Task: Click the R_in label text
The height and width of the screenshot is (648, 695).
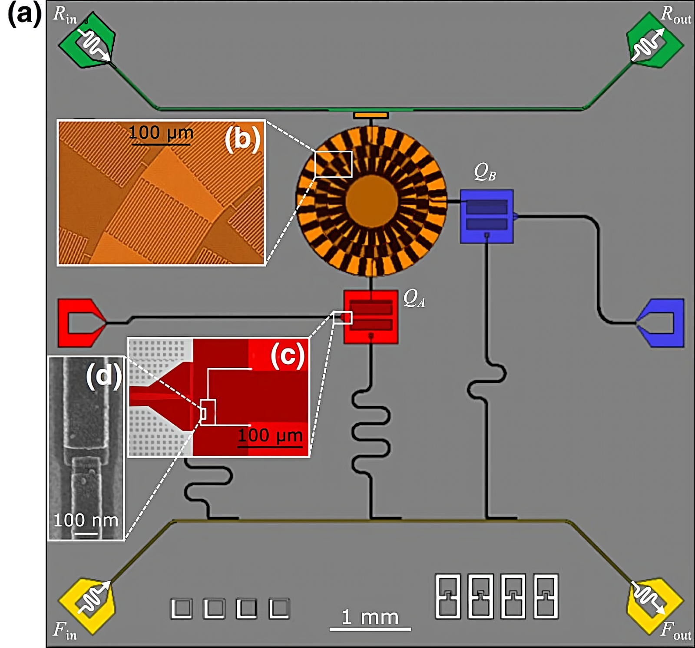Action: [x=65, y=16]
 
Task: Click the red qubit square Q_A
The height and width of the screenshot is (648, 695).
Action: [x=371, y=317]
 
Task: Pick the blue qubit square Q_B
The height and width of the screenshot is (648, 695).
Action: [x=486, y=216]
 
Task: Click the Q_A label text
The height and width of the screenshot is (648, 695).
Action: [x=414, y=299]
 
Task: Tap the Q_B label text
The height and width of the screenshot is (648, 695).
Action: [x=485, y=173]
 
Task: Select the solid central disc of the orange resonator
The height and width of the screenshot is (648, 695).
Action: [x=371, y=201]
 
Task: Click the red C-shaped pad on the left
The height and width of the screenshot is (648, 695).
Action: [x=80, y=322]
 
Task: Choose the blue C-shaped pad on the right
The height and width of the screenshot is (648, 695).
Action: [x=662, y=322]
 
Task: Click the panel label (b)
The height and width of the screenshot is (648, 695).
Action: [x=242, y=140]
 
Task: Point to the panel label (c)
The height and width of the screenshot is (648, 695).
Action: [x=287, y=356]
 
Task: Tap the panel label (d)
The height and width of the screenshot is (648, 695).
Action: [x=103, y=375]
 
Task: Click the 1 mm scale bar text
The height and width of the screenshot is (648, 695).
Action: [x=370, y=617]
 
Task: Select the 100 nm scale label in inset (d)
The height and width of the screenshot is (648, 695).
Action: [x=86, y=520]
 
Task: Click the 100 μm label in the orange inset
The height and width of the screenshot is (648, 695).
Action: [x=161, y=132]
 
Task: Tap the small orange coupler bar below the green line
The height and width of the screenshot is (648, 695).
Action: [x=371, y=115]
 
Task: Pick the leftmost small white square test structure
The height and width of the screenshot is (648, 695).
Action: [x=182, y=609]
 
